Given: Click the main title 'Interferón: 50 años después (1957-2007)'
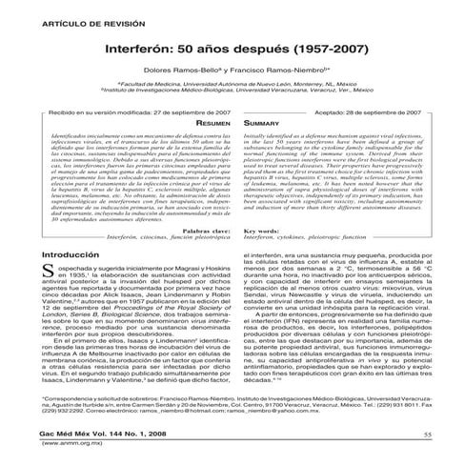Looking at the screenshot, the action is tap(232, 45).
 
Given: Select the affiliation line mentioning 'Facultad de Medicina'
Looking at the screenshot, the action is tap(232, 85).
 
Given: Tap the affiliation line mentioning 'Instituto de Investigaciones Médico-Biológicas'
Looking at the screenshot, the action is tap(232, 92).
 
